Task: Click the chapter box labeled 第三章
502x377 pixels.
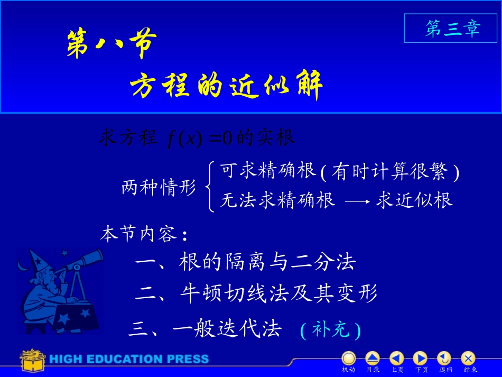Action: point(452,29)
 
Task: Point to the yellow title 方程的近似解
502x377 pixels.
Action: point(226,85)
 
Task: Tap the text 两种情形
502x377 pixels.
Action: point(159,188)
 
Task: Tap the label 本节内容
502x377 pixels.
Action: point(143,234)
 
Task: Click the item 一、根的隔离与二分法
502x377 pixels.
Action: point(245,262)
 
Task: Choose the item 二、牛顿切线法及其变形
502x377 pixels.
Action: point(256,293)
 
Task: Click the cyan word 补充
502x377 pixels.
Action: point(331,330)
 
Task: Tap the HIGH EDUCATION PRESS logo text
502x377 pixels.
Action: point(129,360)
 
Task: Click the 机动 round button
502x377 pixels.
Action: point(348,359)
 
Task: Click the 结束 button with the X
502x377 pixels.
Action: point(468,359)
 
